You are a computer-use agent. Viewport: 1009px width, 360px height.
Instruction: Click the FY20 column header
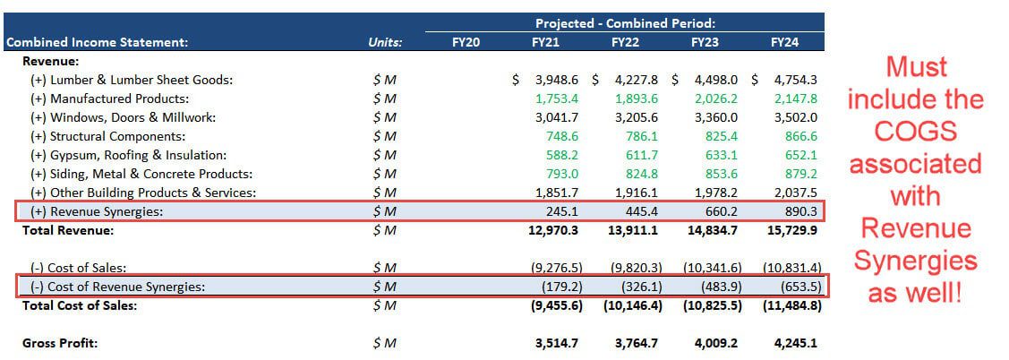466,42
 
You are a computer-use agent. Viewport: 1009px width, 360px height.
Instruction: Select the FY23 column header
705,42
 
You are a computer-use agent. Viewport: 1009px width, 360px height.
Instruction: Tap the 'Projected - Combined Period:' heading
626,23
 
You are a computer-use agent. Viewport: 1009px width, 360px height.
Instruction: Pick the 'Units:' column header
385,42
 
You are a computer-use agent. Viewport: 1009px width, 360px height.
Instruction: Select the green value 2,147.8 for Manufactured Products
794,99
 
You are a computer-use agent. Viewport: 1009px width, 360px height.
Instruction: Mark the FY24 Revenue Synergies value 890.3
796,211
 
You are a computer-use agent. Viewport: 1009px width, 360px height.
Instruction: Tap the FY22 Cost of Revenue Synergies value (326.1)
636,287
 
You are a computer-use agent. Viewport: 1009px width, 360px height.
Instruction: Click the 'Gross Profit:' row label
60,343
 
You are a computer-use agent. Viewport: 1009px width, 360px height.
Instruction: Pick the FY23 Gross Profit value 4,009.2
714,343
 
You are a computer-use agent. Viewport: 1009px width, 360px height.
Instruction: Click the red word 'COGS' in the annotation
915,132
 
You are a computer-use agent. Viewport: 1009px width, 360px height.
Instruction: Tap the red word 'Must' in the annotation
915,67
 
